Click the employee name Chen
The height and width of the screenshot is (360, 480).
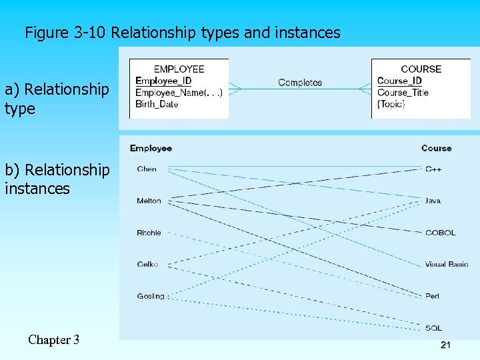[147, 169]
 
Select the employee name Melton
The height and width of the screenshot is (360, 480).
[149, 201]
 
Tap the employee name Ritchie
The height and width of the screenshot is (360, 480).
[149, 233]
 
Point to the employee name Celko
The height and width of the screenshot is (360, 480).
[147, 265]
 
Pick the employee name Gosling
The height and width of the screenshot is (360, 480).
[150, 296]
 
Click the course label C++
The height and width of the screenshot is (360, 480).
[433, 169]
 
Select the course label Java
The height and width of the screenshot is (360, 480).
[433, 201]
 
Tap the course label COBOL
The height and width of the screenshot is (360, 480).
[440, 233]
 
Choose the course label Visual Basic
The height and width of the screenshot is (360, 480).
[447, 265]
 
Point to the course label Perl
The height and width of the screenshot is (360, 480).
[432, 296]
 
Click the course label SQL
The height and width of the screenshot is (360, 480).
[433, 328]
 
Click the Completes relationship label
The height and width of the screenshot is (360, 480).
[300, 83]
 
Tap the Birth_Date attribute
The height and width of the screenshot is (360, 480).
[157, 104]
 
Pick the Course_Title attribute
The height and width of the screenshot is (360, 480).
[403, 93]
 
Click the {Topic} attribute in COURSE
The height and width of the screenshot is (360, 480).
[391, 104]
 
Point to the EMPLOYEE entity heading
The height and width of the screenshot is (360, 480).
[179, 69]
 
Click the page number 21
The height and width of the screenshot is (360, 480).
[446, 345]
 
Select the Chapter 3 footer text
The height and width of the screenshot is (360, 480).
[54, 340]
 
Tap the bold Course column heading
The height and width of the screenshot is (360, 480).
[436, 148]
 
